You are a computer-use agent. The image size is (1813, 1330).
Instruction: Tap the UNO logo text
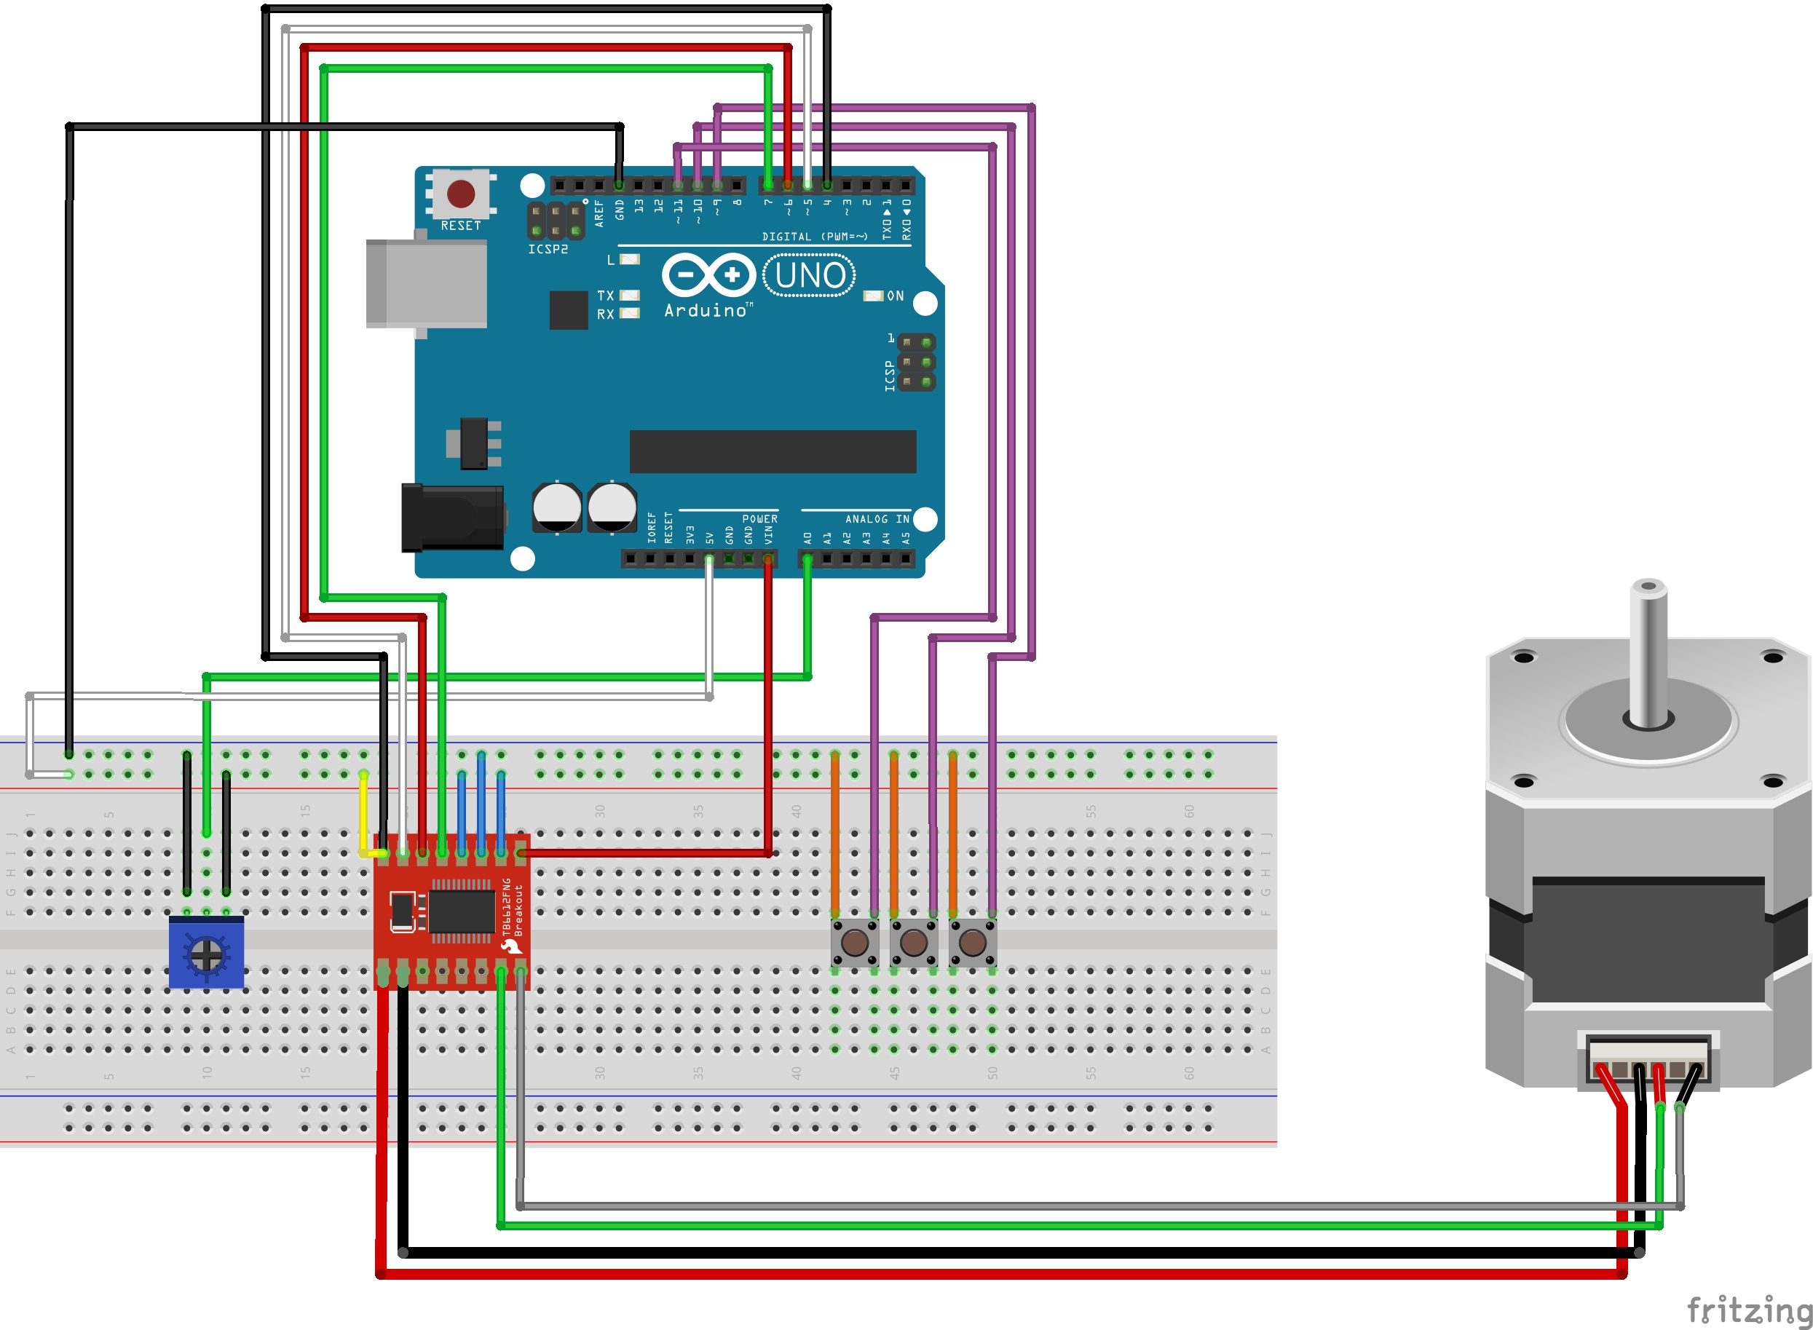click(x=809, y=275)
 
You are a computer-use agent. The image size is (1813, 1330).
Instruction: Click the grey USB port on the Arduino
click(x=427, y=283)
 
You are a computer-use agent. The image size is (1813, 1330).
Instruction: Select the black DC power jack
click(x=452, y=518)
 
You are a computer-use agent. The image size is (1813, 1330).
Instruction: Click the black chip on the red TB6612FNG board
click(x=462, y=911)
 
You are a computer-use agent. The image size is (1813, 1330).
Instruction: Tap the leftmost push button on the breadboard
click(x=854, y=942)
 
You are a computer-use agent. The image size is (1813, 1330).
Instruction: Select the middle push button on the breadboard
click(x=913, y=942)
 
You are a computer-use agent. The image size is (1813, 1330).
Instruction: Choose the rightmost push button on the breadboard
click(x=973, y=942)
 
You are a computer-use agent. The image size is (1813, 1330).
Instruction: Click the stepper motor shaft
click(x=1647, y=652)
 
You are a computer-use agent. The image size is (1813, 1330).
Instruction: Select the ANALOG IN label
click(x=877, y=519)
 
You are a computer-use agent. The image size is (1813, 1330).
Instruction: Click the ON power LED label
click(x=896, y=296)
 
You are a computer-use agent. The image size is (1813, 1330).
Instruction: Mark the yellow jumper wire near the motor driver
click(x=364, y=813)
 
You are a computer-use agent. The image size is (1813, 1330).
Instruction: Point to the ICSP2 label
click(x=548, y=250)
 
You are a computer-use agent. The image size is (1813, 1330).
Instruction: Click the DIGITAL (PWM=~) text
click(x=815, y=237)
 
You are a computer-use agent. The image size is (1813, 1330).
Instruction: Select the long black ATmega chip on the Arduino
click(x=772, y=451)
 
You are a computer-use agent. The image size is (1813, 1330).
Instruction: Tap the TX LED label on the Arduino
click(x=605, y=296)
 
